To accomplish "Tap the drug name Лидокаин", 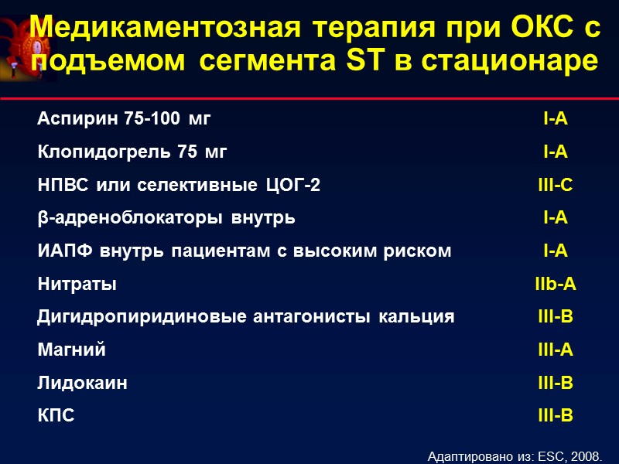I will pos(83,383).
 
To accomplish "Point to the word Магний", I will pos(72,350).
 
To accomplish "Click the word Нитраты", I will pos(77,285).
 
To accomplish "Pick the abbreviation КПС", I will pos(56,416).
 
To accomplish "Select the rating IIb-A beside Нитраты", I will pos(556,285).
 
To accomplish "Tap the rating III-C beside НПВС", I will pos(556,186).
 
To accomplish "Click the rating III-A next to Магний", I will pos(556,350).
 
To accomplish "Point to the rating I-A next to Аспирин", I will pos(556,119).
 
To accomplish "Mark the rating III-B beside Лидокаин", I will pos(556,383).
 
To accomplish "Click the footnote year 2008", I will pos(586,453).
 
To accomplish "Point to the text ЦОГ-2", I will pos(292,186).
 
